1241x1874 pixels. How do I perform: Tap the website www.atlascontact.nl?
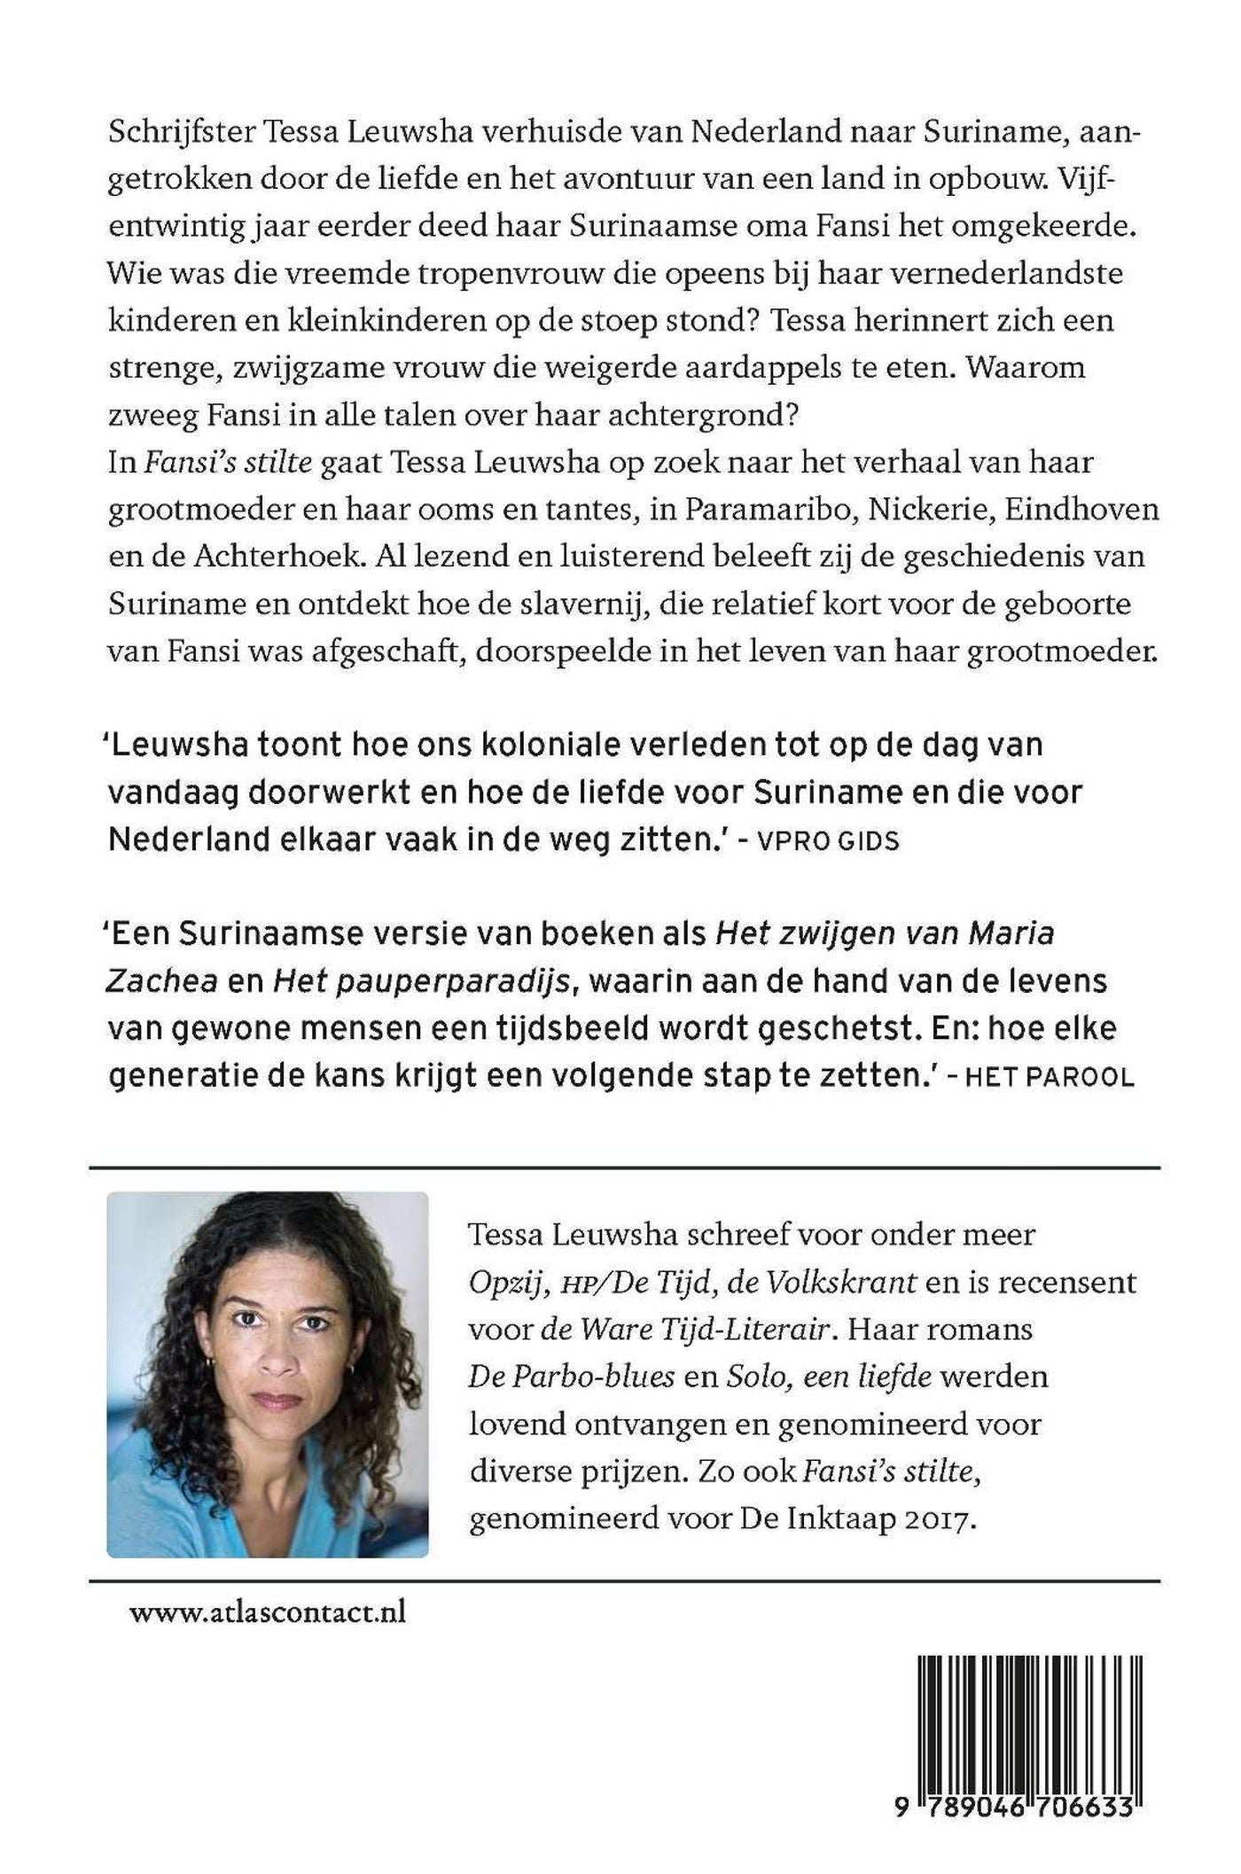(x=268, y=1612)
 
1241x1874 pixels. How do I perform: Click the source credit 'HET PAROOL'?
(x=1049, y=1077)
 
